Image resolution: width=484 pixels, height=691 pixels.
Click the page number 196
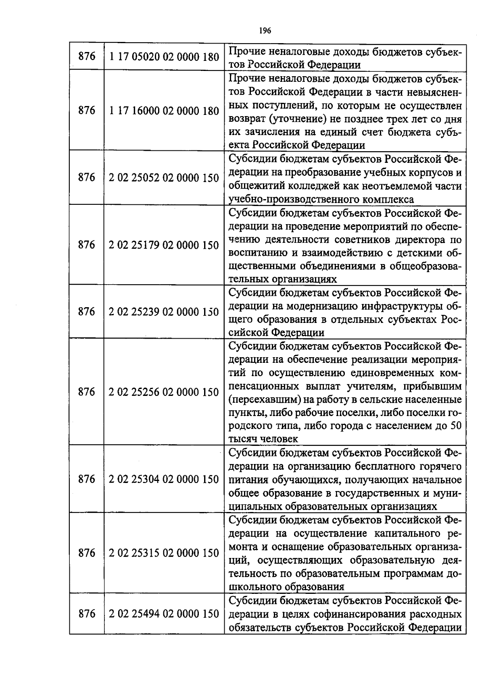[265, 31]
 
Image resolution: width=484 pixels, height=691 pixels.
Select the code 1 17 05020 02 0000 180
[164, 57]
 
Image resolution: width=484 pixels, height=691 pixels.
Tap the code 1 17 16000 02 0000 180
[164, 111]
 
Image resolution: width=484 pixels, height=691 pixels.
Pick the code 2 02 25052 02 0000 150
[164, 178]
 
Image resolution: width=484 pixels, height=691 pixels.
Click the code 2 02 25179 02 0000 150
[164, 245]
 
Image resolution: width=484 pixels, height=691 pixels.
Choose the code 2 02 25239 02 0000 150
[164, 312]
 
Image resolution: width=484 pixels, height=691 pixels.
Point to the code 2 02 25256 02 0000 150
[164, 392]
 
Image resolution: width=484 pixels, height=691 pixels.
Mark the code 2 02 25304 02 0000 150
[164, 479]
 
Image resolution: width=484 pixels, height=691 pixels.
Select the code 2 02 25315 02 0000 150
[164, 553]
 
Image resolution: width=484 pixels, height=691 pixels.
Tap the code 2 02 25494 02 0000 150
[164, 614]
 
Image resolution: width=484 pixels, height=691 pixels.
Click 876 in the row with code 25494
[86, 614]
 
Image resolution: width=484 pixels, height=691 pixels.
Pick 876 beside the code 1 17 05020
[86, 57]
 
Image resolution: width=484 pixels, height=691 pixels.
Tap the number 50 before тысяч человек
[456, 426]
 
